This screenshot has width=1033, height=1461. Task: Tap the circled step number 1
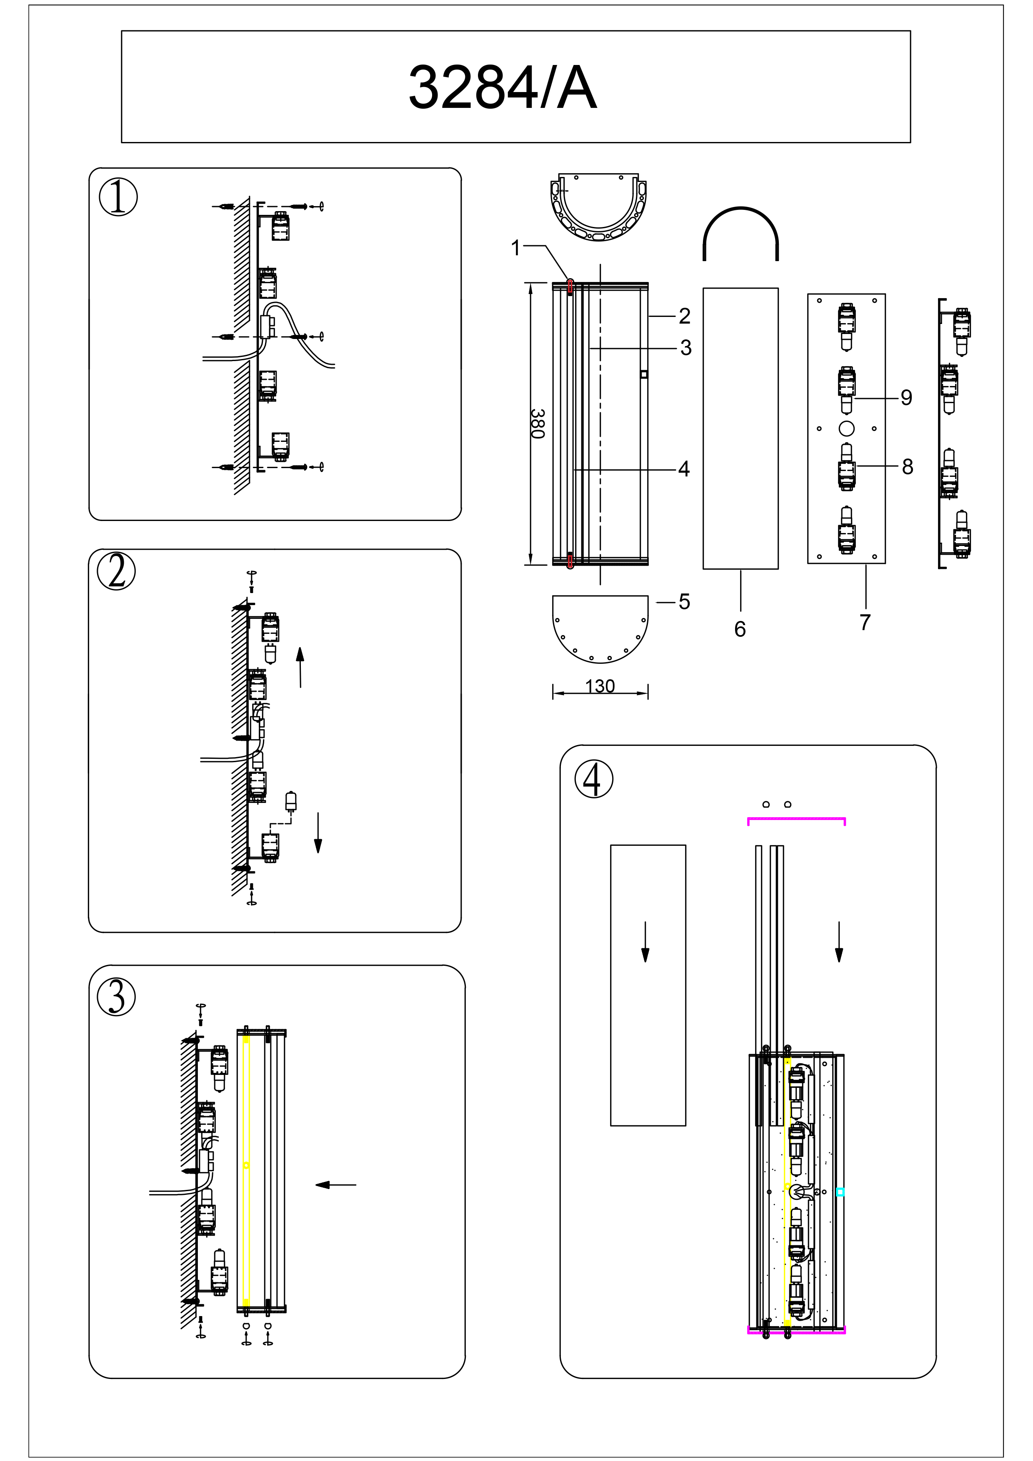[118, 197]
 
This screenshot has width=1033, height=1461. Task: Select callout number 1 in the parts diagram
[516, 247]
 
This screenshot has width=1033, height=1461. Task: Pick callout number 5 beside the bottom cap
[684, 601]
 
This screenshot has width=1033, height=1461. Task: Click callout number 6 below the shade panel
[740, 629]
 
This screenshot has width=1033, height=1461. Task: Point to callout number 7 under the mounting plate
[865, 622]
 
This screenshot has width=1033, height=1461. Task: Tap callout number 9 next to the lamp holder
[906, 398]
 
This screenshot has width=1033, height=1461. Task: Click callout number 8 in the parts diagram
[907, 467]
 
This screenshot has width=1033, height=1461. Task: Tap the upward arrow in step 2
[300, 668]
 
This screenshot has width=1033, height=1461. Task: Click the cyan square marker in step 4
[840, 1192]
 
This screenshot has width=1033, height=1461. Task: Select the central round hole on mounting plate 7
[846, 428]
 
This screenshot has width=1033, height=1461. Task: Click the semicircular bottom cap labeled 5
[600, 627]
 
